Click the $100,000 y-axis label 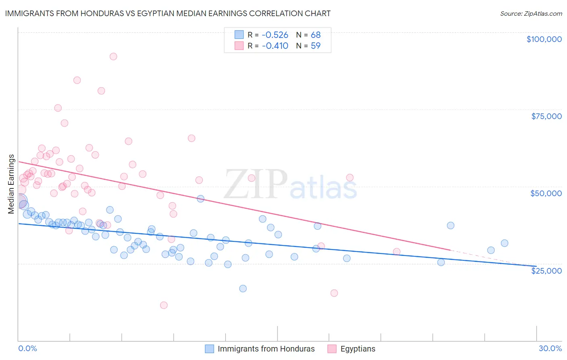[544, 39]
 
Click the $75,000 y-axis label [546, 116]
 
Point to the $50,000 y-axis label [546, 193]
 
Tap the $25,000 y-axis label [546, 271]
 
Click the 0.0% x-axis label [27, 348]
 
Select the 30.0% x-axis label [550, 348]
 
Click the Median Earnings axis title [11, 184]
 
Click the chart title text [168, 13]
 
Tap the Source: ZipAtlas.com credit [531, 13]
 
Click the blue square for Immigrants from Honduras [209, 349]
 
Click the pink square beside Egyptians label [332, 349]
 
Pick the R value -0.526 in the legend [275, 35]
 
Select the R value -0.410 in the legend [275, 46]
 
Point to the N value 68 [315, 35]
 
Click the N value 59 [315, 46]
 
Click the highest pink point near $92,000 [113, 57]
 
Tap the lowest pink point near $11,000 [164, 305]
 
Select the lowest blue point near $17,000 [243, 289]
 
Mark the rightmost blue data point [504, 243]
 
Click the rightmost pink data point [396, 251]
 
